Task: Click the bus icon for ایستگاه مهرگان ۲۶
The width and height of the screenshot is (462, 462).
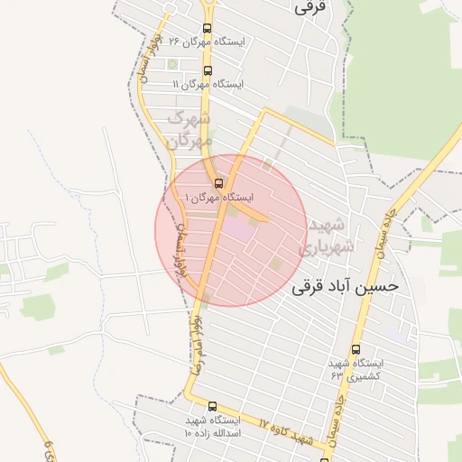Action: [x=208, y=42]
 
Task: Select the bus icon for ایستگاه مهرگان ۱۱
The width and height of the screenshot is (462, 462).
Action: [x=208, y=69]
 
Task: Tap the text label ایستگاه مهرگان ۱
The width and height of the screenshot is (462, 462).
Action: [x=220, y=197]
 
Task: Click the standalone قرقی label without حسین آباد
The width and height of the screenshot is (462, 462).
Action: [x=308, y=7]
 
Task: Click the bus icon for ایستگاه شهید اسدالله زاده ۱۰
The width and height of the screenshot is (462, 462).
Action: [x=212, y=407]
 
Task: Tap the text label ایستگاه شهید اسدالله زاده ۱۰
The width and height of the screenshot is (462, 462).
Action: [x=213, y=427]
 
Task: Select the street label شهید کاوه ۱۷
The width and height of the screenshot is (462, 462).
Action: [x=283, y=430]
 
